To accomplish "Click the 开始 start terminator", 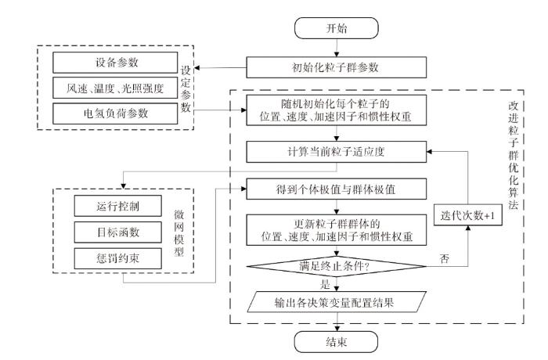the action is [336, 28].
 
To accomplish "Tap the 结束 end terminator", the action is [336, 342].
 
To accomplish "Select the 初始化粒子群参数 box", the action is [336, 67].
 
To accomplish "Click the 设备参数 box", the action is [115, 63].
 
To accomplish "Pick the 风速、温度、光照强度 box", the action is [115, 88].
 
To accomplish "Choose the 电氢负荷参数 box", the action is [115, 113].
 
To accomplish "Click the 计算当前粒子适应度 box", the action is [336, 152].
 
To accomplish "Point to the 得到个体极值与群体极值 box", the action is [336, 189].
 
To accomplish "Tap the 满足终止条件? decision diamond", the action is [336, 266].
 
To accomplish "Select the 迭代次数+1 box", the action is [468, 215].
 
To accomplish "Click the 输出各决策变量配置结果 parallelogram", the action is [337, 301].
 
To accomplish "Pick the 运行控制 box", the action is [117, 206].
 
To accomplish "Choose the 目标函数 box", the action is [117, 232].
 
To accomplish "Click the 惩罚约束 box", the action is [117, 258].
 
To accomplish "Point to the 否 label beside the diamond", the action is [444, 258].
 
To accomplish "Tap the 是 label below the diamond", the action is [325, 284].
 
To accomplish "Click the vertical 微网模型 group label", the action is [179, 232].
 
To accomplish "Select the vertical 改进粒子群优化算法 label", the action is [513, 156].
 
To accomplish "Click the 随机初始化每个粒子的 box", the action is [336, 110].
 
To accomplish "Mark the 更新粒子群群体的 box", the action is [336, 229].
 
